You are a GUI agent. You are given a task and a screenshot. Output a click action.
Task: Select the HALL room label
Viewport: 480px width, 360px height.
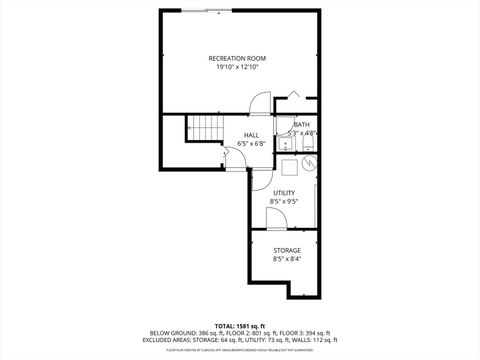click(252, 136)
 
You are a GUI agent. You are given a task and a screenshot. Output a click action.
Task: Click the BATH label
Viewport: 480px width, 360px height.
click(301, 124)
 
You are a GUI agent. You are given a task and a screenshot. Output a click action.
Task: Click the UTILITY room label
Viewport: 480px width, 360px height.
click(284, 193)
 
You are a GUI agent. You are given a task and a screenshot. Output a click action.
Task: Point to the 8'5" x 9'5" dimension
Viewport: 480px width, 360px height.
click(284, 202)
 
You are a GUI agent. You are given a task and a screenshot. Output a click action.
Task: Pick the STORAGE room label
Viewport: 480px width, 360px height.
click(286, 250)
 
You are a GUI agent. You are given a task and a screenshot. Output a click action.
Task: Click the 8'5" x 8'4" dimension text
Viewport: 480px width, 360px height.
click(286, 259)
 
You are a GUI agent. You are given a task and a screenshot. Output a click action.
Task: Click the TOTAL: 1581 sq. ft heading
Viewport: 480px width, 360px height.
click(239, 325)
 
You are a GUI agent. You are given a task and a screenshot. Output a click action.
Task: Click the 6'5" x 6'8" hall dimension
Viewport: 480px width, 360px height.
click(252, 145)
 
